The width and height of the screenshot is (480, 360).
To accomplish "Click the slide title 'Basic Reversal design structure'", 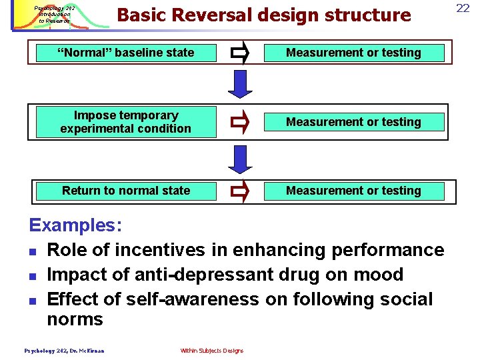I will (x=263, y=15).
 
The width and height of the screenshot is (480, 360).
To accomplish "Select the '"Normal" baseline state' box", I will (x=126, y=53).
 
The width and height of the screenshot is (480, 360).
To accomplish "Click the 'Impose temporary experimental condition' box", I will (x=126, y=122).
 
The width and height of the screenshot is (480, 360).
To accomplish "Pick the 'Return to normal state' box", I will (x=126, y=191).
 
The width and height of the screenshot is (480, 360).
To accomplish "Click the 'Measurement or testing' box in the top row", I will (x=353, y=53).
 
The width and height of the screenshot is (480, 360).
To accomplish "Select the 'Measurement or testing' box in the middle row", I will (x=353, y=122).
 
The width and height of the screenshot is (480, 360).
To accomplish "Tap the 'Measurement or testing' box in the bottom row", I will (x=353, y=191).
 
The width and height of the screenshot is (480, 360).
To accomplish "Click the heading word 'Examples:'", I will (x=75, y=225).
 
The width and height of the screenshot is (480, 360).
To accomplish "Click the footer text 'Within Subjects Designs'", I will (x=211, y=351).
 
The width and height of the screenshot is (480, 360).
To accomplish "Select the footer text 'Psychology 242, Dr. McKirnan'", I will (x=64, y=351).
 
